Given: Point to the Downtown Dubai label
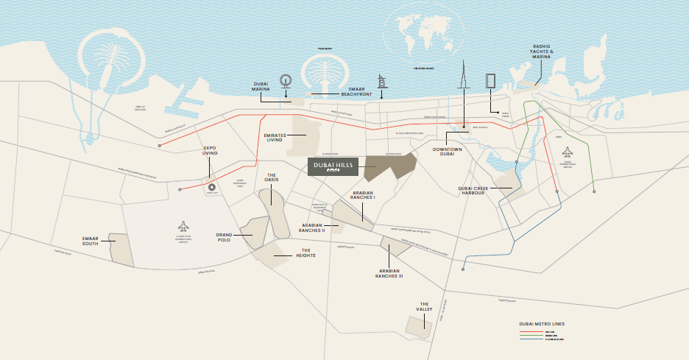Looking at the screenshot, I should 448,152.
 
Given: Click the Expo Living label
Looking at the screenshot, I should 211,151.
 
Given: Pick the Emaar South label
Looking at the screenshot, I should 94,241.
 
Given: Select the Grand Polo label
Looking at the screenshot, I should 225,238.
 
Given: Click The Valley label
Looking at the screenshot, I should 425,306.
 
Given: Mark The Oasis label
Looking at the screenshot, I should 271,177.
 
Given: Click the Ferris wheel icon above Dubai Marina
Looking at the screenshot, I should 286,82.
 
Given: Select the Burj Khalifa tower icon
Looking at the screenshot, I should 464,74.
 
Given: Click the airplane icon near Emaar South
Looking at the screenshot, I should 183,225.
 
